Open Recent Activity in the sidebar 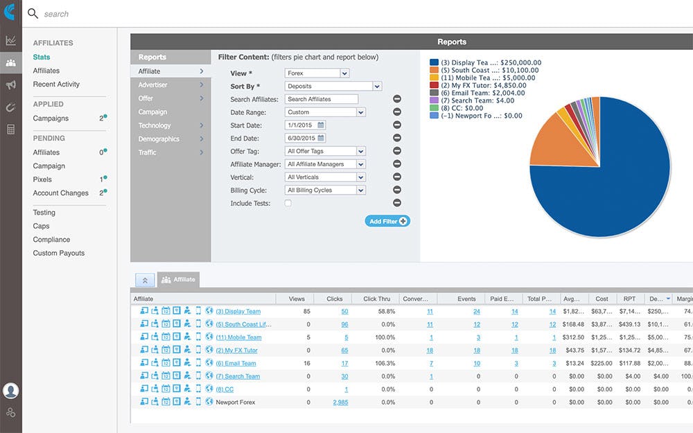click(56, 85)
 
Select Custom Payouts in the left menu click(59, 254)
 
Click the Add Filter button click(387, 221)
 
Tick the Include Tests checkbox click(288, 204)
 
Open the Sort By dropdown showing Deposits click(333, 87)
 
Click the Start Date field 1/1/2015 click(301, 125)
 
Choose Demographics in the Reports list click(159, 139)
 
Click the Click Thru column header click(376, 299)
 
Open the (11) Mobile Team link click(238, 337)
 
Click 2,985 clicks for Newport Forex click(340, 402)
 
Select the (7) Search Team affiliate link click(238, 376)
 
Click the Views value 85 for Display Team click(306, 312)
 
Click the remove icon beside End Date click(397, 138)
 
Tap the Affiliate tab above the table click(179, 280)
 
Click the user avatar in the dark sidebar click(10, 390)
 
